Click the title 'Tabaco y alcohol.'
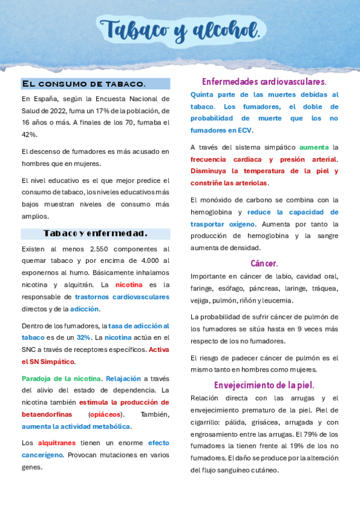coord(180,29)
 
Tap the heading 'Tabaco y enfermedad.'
coord(96,233)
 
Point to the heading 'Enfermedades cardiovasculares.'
coord(264,81)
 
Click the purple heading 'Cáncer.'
coord(264,263)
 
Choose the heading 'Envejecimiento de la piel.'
coord(264,385)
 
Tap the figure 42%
coord(29,135)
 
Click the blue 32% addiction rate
coord(84,337)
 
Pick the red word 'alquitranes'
coord(56,443)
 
